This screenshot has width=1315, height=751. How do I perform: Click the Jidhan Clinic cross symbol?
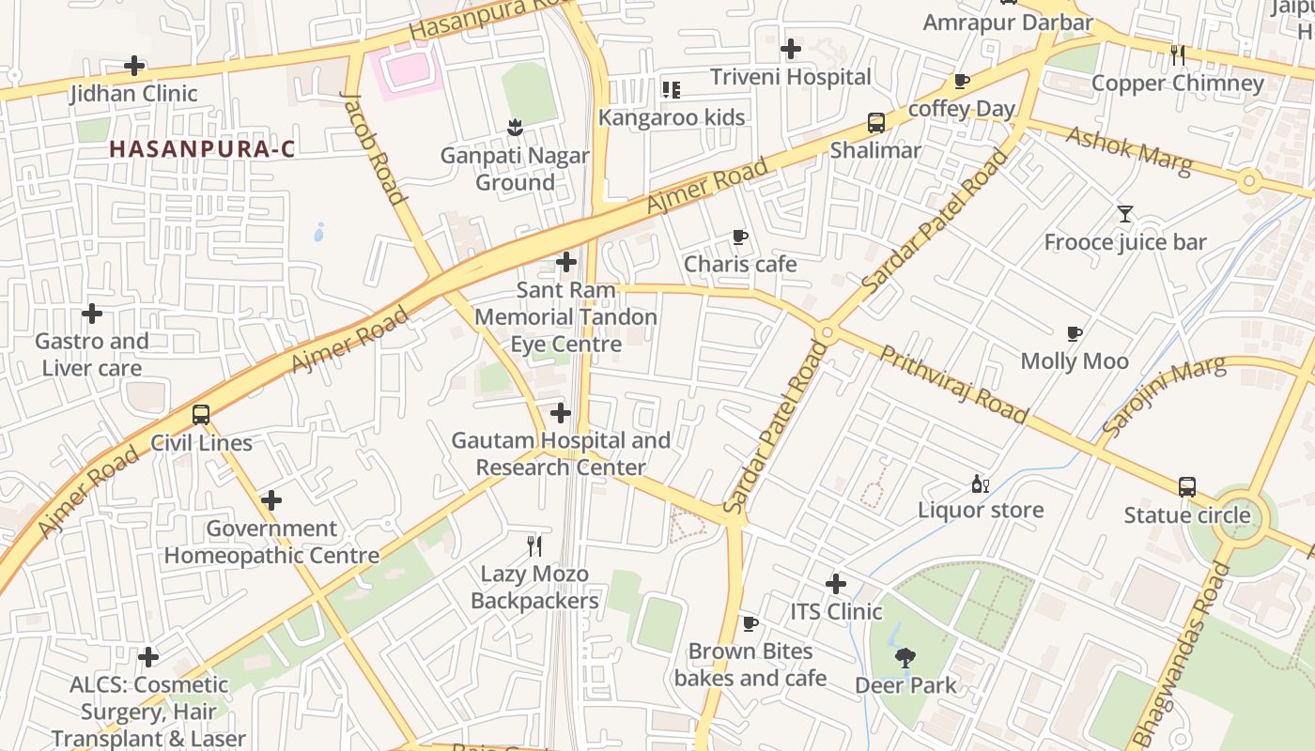click(134, 66)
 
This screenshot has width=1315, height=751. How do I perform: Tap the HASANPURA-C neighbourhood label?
click(202, 148)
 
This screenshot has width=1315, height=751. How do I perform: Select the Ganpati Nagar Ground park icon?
click(514, 126)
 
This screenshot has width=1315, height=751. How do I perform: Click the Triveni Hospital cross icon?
click(791, 48)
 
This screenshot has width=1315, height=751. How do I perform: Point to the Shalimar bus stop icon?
click(875, 122)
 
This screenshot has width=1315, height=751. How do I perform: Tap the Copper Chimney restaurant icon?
click(1178, 55)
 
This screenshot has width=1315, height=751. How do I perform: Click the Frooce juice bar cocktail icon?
click(1124, 214)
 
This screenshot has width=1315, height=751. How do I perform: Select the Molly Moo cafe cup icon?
click(1075, 333)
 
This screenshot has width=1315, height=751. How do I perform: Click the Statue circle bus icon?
click(1187, 487)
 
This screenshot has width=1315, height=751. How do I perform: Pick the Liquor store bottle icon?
click(980, 483)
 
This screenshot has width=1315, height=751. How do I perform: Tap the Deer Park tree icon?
click(905, 657)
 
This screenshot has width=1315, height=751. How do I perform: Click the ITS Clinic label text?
click(835, 612)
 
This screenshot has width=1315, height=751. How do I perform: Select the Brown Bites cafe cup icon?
click(750, 623)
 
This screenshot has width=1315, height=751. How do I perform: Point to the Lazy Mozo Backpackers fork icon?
click(534, 545)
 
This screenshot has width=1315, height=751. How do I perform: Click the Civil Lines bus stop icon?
click(200, 414)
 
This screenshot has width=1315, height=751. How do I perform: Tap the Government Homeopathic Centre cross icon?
click(271, 500)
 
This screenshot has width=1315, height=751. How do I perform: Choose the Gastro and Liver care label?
click(92, 355)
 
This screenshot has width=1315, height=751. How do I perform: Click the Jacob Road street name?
click(373, 147)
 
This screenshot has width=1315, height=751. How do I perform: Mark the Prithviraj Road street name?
click(953, 383)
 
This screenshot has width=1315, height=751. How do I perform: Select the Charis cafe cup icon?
click(739, 237)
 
